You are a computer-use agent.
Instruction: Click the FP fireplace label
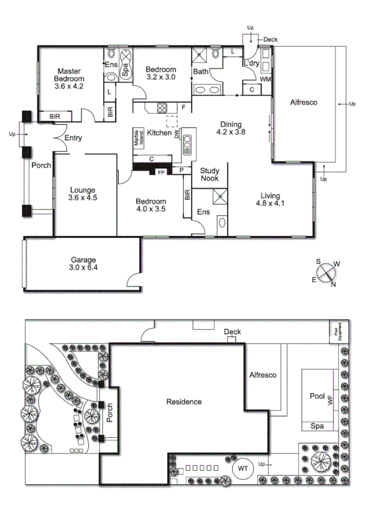pos(161,172)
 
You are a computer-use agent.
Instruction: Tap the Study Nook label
pos(210,174)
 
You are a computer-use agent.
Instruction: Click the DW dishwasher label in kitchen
pos(177,133)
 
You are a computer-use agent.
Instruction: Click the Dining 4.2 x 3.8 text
pos(231,127)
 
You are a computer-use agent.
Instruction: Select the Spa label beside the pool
pos(316,426)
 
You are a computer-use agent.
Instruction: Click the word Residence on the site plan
pos(184,402)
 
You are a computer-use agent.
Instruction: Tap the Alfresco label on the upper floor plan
pos(304,103)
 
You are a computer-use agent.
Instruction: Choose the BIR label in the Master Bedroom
pos(54,116)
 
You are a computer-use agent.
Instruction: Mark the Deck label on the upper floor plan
pos(270,39)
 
